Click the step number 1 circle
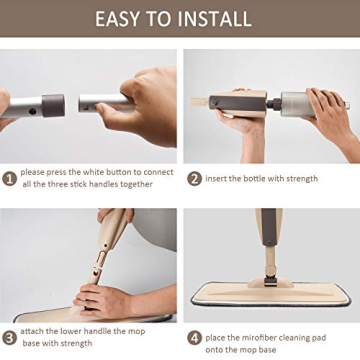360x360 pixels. (8, 179)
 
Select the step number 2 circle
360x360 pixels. (194, 179)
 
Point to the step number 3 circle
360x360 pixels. (8, 337)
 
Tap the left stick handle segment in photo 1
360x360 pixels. (30, 103)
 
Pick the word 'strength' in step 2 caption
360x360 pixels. (300, 179)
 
